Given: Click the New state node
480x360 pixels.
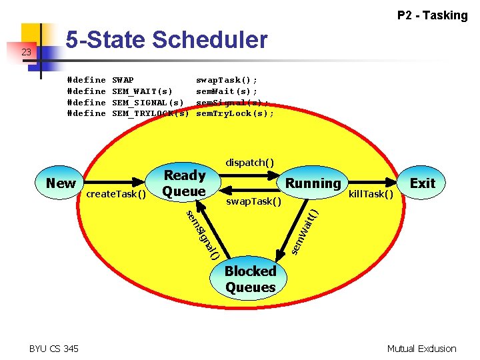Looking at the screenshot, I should click(x=61, y=183).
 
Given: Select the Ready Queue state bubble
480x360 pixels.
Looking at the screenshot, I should click(x=185, y=183).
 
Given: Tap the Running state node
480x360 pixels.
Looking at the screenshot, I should click(x=313, y=183).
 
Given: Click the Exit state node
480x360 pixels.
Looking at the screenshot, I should click(x=422, y=183).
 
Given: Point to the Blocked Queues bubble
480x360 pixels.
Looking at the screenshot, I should click(x=250, y=279).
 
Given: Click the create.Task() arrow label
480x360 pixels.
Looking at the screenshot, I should click(x=117, y=194).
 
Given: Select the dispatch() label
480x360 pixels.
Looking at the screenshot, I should click(x=249, y=163).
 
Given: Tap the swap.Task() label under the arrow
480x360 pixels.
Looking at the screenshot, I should click(x=253, y=200).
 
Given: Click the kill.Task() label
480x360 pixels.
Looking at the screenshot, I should click(x=371, y=194).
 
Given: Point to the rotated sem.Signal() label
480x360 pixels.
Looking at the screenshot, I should click(x=203, y=233).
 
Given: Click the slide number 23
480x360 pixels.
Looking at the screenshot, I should click(x=26, y=52).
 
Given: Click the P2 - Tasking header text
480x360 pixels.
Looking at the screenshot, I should click(x=432, y=15).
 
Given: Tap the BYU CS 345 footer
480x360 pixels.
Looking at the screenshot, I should click(x=53, y=349).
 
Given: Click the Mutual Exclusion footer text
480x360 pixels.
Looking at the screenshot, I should click(x=422, y=349).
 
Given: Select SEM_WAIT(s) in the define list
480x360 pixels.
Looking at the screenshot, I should click(x=142, y=91).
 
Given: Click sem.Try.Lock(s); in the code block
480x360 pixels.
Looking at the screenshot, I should click(x=235, y=113).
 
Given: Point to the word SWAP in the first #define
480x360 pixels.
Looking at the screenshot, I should click(x=123, y=80).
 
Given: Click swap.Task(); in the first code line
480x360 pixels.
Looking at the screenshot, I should click(x=226, y=80).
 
